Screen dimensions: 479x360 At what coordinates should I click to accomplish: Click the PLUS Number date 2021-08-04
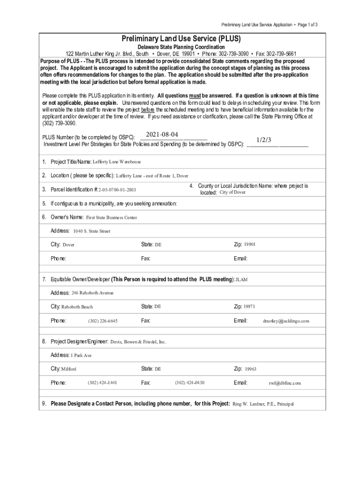click(x=162, y=135)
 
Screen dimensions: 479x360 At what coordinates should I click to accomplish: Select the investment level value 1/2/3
click(x=264, y=140)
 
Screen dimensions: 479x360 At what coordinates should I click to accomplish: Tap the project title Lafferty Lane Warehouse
click(x=117, y=162)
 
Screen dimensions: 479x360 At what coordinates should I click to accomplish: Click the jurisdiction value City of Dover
click(x=232, y=192)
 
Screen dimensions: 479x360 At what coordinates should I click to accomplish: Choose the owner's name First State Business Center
click(x=112, y=218)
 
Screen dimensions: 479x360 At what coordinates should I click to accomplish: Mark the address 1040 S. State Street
click(x=92, y=231)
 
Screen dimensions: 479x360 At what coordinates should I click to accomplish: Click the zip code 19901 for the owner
click(x=250, y=245)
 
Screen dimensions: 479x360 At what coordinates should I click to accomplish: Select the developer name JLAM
click(x=241, y=280)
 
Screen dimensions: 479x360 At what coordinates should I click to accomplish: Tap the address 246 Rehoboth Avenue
click(x=93, y=293)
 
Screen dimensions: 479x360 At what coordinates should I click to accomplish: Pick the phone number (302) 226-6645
click(x=102, y=321)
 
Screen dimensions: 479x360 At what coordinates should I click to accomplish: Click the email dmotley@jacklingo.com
click(x=286, y=321)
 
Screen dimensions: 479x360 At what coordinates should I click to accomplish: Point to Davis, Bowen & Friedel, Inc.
click(x=138, y=342)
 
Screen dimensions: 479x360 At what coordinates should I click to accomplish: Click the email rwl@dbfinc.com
click(x=285, y=383)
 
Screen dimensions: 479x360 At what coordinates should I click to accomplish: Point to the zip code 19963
click(x=250, y=369)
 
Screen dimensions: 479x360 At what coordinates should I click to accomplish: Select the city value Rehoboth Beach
click(x=77, y=307)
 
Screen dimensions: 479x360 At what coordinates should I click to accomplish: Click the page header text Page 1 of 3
click(x=307, y=24)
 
